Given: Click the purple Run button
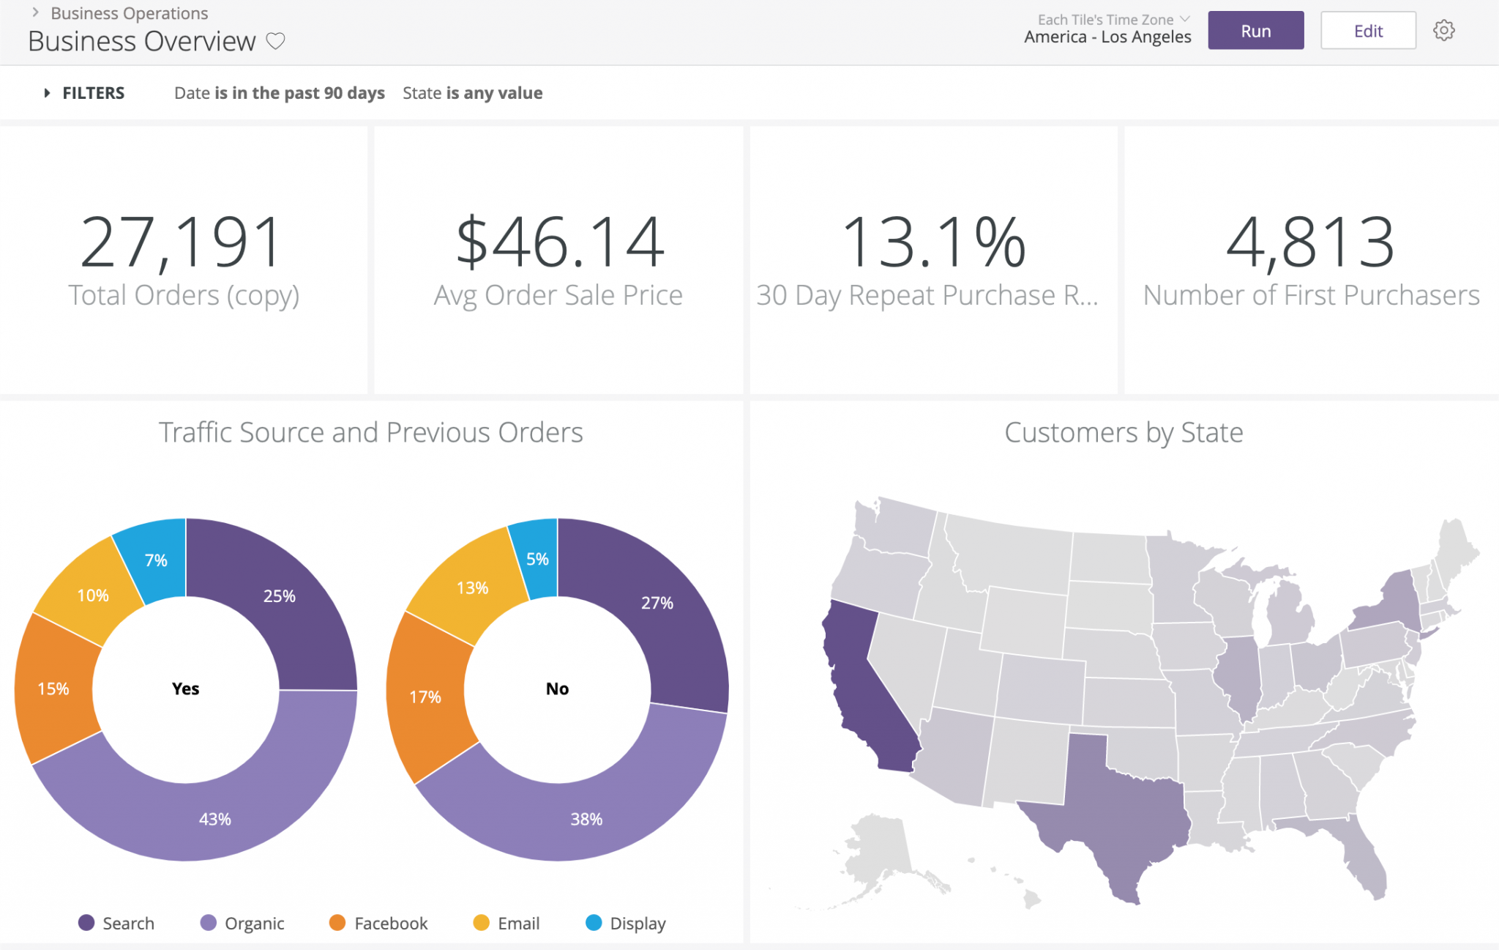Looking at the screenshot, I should (1255, 31).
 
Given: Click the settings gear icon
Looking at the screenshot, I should (1443, 31).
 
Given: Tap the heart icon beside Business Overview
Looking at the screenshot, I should (275, 41).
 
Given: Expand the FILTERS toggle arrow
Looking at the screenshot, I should (47, 93).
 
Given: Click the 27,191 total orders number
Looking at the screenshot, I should (182, 242).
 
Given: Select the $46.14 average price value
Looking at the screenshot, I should (560, 242).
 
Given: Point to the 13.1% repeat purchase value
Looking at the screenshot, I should (934, 242).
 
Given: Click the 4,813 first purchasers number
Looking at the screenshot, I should (1310, 242).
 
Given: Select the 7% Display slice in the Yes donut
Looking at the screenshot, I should (156, 560).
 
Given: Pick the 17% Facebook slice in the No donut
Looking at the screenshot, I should (425, 696).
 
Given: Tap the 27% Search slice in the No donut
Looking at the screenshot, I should (657, 603).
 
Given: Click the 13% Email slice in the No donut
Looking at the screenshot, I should (472, 587).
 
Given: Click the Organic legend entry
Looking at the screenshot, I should (242, 923).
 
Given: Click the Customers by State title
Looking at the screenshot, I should (1124, 432).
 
